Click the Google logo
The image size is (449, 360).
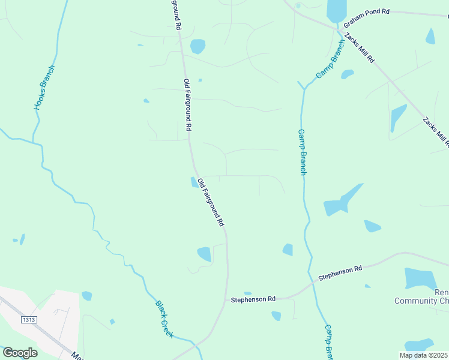[20, 353]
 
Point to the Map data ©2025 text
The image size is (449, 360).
[424, 355]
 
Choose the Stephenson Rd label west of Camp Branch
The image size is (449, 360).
[253, 298]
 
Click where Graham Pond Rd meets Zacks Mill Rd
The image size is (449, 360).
[339, 28]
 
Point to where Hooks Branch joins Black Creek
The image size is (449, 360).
[33, 142]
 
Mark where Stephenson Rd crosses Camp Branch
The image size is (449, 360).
[315, 279]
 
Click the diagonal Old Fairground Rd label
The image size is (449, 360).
[211, 203]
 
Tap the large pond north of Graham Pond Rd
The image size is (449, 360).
[337, 11]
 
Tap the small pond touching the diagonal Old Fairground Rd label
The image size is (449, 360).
[194, 182]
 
